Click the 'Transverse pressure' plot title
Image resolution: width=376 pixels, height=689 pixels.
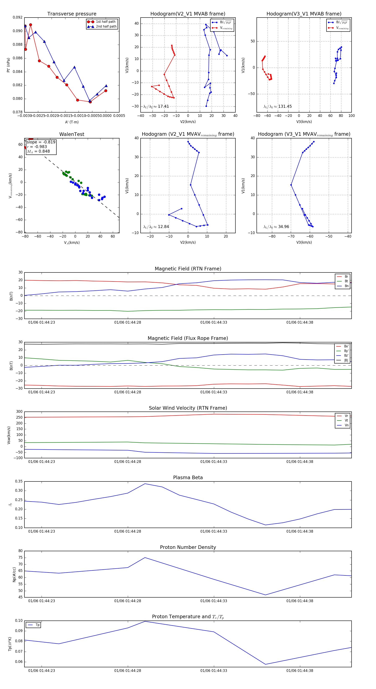click(72, 14)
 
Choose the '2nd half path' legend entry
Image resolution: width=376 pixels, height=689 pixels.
click(106, 27)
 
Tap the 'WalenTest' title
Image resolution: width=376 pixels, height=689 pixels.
click(72, 134)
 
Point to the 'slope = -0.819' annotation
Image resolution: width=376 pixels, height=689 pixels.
click(41, 142)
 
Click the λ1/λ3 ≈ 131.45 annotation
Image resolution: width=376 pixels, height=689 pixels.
click(278, 106)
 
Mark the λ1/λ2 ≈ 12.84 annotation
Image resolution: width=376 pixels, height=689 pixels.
click(156, 227)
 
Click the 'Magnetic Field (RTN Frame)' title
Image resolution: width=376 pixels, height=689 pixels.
click(188, 269)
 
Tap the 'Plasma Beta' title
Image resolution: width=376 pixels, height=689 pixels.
click(188, 477)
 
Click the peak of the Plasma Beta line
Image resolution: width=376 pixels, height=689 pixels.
click(145, 484)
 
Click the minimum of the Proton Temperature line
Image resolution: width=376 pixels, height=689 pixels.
click(265, 664)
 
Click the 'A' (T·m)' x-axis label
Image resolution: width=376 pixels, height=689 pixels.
click(72, 122)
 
